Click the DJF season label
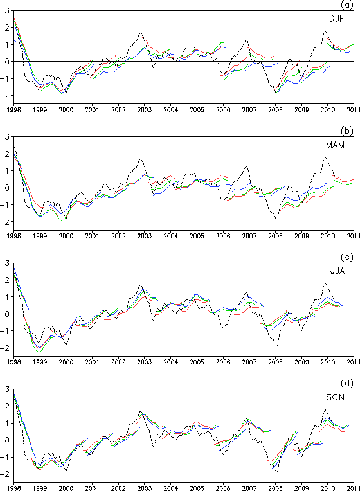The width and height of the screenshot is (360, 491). [x=336, y=19]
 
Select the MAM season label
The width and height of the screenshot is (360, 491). [x=335, y=145]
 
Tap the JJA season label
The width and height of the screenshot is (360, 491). [x=337, y=271]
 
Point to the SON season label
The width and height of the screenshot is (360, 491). [x=335, y=397]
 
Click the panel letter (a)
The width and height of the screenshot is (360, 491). [x=347, y=4]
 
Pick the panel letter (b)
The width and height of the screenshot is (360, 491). [x=347, y=131]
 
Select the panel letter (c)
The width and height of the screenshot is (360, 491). [x=347, y=257]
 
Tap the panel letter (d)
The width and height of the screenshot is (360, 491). [x=347, y=383]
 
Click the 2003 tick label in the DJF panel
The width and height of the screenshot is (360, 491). [x=145, y=110]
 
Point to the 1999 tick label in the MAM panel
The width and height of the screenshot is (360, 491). [x=40, y=236]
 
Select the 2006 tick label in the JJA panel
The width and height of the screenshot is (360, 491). [x=223, y=362]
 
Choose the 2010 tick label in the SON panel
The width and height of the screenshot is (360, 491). [x=328, y=488]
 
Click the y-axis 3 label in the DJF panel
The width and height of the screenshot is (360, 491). [x=8, y=11]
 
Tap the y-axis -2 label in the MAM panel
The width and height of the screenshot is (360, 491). [x=6, y=222]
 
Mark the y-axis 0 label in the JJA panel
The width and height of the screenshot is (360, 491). [x=8, y=314]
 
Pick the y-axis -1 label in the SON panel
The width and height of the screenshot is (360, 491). [x=6, y=457]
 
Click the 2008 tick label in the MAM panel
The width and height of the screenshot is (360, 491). [x=275, y=236]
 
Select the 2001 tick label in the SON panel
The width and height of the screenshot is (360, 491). [x=92, y=488]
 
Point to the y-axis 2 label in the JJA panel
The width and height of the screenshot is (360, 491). [x=8, y=280]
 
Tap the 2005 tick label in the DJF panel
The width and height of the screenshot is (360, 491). [x=197, y=110]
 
